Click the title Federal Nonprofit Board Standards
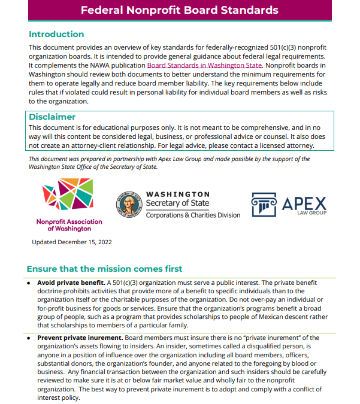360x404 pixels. click(x=180, y=10)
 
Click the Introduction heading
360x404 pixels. click(x=56, y=34)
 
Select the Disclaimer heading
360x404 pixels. click(x=52, y=117)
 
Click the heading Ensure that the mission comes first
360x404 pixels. click(x=105, y=269)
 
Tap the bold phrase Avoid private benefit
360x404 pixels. click(x=70, y=282)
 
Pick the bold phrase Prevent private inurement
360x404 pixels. click(x=78, y=338)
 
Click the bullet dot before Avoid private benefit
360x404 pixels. click(x=29, y=282)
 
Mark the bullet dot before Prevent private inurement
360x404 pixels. click(x=29, y=338)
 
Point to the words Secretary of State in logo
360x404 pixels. click(x=179, y=203)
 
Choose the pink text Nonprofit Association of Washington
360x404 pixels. click(x=69, y=225)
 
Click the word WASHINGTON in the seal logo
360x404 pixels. click(x=178, y=194)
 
